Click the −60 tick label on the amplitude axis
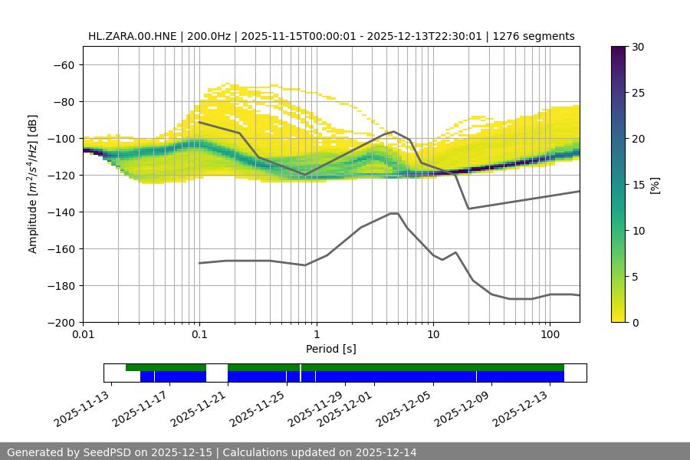coord(63,64)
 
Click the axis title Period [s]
coord(331,350)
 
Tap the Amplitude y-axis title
coord(33,184)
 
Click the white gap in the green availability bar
coord(217,367)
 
